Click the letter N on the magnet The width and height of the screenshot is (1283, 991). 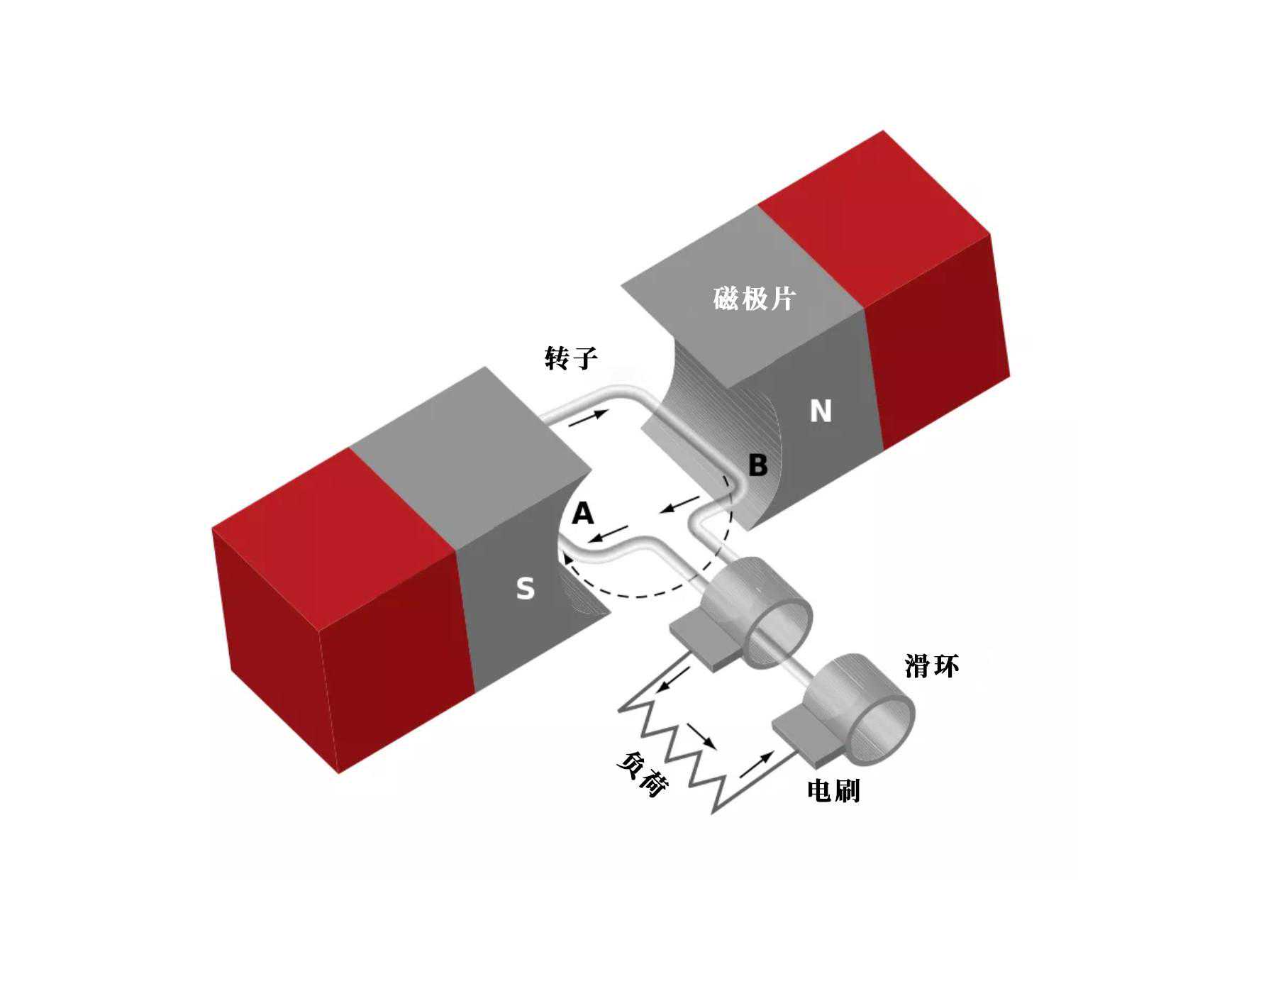coord(821,411)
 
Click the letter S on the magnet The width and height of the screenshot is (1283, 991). coord(525,588)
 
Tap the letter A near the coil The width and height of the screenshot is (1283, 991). coord(582,513)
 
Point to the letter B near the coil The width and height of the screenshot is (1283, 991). coord(757,465)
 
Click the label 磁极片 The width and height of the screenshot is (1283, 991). coord(754,298)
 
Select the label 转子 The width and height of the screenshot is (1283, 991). coord(571,358)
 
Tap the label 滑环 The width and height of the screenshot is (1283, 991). coord(932,666)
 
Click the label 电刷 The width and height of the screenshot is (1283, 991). coord(834,790)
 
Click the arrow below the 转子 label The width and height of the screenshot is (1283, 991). coord(589,418)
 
